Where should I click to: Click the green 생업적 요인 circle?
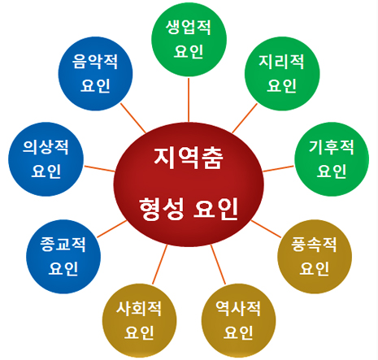pos(189,40)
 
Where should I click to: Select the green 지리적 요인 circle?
pos(282,74)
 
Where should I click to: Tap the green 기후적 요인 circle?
pos(332,159)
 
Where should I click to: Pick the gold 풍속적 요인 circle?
pos(315,257)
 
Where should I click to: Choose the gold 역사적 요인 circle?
pos(238,321)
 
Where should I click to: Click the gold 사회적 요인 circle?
pos(139,321)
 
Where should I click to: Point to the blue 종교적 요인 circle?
pos(63,257)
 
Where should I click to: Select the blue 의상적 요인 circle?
pos(46,159)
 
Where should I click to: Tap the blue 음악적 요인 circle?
pos(95,74)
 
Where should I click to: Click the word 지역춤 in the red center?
pos(189,158)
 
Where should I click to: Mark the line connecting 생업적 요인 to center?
pos(189,100)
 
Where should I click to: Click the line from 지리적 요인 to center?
pos(245,119)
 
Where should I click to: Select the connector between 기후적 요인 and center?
pos(278,169)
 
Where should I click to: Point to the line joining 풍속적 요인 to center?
pos(266,229)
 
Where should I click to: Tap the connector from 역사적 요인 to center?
pos(218,264)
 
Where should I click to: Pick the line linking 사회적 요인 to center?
pos(160,264)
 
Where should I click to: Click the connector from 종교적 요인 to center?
pos(111,229)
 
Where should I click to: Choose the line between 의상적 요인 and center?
pos(99,169)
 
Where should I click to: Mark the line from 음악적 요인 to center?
pos(133,118)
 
